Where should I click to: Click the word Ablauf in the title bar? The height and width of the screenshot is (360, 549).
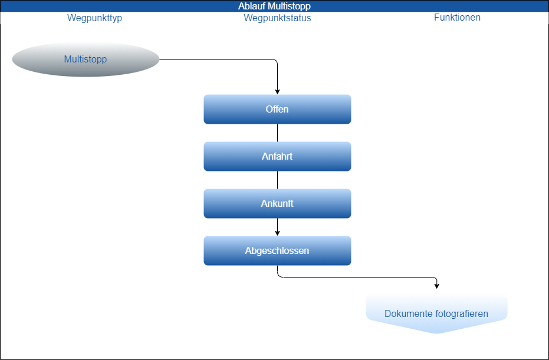point(251,6)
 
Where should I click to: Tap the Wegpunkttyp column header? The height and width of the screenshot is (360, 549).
point(94,18)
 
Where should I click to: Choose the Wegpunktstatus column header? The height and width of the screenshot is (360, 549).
point(277,18)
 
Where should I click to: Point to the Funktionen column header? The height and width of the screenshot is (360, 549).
point(457,18)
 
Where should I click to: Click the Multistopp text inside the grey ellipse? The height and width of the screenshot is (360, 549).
point(86,59)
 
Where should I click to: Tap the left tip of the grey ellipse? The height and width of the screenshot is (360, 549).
point(14,59)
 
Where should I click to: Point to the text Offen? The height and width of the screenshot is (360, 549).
point(277,110)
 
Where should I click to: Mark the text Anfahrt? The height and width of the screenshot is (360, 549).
point(277,157)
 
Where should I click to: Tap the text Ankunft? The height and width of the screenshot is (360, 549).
point(277,204)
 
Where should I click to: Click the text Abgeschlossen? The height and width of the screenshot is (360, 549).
point(277,251)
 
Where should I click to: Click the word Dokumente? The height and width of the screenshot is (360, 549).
point(408,314)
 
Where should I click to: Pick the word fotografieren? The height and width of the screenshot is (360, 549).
point(461,314)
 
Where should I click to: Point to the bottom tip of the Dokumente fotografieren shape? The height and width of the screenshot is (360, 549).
point(436,333)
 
